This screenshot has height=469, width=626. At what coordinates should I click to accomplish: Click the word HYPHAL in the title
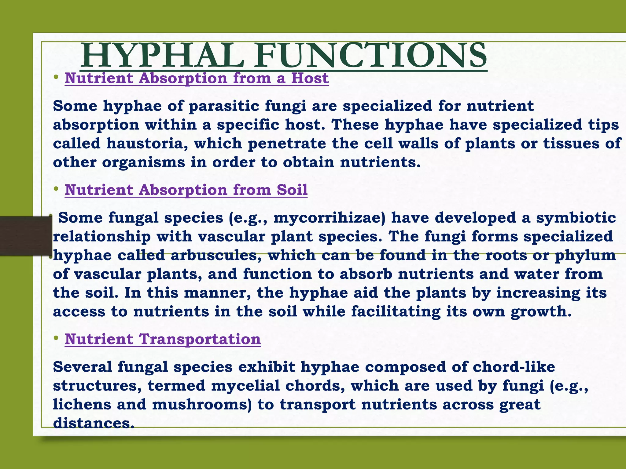coord(162,56)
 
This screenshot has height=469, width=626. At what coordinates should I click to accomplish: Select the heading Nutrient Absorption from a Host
coord(197,78)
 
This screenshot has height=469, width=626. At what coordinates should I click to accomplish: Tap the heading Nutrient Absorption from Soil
coord(186,190)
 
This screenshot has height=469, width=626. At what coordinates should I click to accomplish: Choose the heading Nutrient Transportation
coord(163,339)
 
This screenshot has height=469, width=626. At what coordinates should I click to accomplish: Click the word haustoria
coord(147,144)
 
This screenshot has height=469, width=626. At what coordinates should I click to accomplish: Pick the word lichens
coord(82,405)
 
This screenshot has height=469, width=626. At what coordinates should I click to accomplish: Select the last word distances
coord(94,424)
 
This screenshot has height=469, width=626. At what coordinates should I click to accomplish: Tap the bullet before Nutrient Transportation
coord(56,339)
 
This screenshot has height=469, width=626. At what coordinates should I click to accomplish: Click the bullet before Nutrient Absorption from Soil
coord(56,189)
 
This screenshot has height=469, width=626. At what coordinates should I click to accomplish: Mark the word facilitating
coord(396,312)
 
